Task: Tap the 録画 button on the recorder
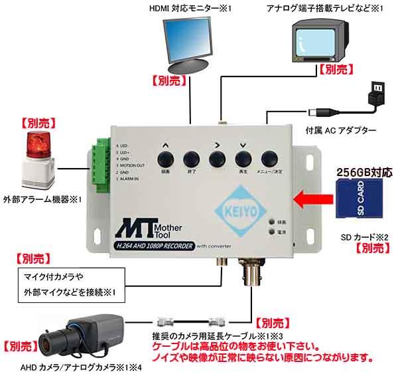(165, 159)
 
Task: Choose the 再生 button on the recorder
(243, 159)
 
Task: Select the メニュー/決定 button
(269, 159)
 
